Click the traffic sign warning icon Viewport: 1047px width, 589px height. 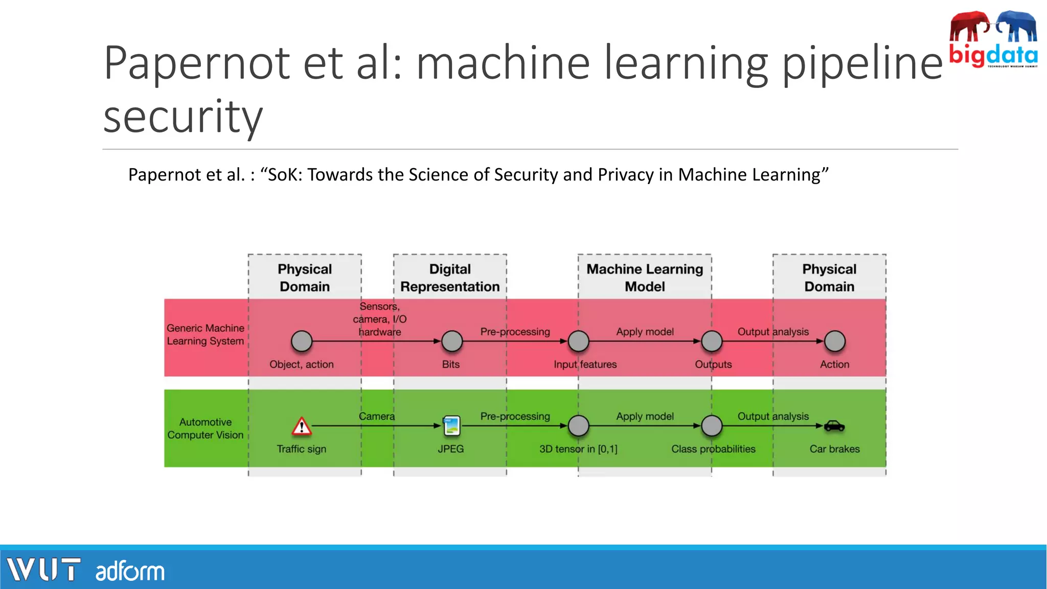pyautogui.click(x=302, y=426)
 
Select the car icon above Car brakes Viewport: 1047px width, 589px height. pyautogui.click(x=834, y=425)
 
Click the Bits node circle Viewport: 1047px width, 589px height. pyautogui.click(x=452, y=341)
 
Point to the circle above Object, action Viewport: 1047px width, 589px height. pyautogui.click(x=302, y=341)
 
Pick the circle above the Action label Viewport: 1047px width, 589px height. pyautogui.click(x=835, y=341)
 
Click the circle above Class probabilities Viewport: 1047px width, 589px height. pyautogui.click(x=712, y=426)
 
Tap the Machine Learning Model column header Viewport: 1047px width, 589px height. pyautogui.click(x=645, y=278)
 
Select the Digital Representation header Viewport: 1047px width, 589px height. pyautogui.click(x=450, y=278)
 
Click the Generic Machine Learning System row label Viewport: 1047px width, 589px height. pyautogui.click(x=206, y=334)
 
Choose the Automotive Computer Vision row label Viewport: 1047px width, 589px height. pyautogui.click(x=206, y=428)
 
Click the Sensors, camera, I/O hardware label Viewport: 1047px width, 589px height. pyautogui.click(x=379, y=319)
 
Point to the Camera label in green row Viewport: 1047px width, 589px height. pyautogui.click(x=377, y=416)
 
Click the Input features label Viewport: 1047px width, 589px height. pyautogui.click(x=585, y=364)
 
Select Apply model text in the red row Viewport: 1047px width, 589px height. pyautogui.click(x=645, y=331)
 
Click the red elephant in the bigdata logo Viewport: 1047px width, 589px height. pyautogui.click(x=969, y=27)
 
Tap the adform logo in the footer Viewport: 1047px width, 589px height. pyautogui.click(x=130, y=571)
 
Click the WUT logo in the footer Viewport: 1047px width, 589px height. pyautogui.click(x=43, y=570)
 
